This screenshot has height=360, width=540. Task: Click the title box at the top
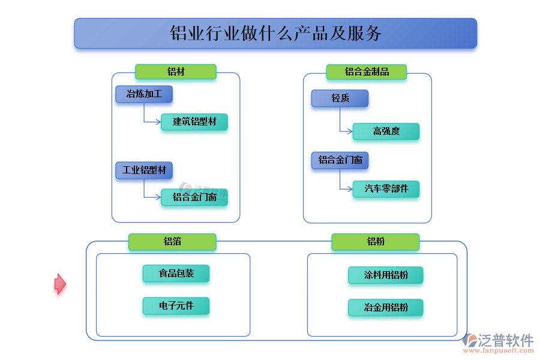(x=275, y=33)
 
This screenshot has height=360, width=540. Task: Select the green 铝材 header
(x=175, y=72)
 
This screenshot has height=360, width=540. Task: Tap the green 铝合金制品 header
(x=366, y=72)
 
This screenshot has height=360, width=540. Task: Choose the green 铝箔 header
(x=172, y=242)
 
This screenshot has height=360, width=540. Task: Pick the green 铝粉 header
(x=375, y=242)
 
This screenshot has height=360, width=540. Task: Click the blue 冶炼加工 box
(x=144, y=94)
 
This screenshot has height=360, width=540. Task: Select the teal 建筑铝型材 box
(x=194, y=122)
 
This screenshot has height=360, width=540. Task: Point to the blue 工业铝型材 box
(x=144, y=170)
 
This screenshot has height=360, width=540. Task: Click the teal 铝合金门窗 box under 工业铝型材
(x=194, y=197)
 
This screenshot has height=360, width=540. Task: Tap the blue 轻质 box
(x=340, y=98)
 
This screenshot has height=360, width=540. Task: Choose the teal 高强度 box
(x=386, y=131)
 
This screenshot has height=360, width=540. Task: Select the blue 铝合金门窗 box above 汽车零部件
(x=340, y=160)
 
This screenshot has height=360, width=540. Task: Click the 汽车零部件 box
(x=386, y=189)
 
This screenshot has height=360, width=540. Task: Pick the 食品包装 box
(x=176, y=274)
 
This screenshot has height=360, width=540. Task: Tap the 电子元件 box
(x=176, y=306)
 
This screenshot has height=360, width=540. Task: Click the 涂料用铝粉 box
(x=386, y=275)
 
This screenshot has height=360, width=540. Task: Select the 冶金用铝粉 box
(x=386, y=308)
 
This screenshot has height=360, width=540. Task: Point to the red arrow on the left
(x=60, y=284)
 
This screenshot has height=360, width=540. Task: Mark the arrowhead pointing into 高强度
(x=350, y=131)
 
